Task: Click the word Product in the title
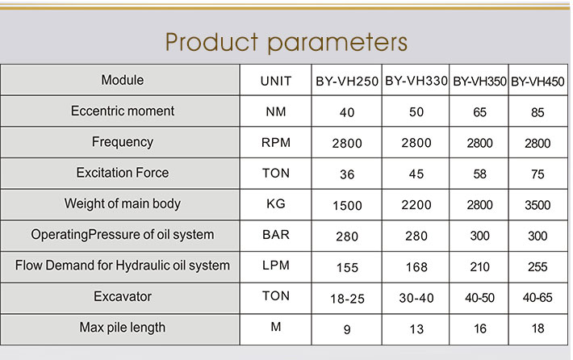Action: [212, 42]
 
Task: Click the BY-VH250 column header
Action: [347, 82]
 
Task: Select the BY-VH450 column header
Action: [537, 82]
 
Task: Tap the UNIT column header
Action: [276, 81]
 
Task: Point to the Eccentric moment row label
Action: [123, 111]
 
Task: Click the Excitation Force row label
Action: [123, 173]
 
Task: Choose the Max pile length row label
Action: [123, 328]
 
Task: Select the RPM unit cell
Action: [276, 142]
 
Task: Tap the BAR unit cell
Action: [276, 234]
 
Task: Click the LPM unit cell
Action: [276, 265]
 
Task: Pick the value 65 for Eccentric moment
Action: [479, 112]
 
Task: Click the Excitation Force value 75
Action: [537, 174]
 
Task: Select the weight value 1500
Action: [347, 205]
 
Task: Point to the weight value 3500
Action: [537, 205]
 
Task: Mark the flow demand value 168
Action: [416, 267]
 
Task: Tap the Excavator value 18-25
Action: [347, 299]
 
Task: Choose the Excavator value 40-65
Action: [537, 298]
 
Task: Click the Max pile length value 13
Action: [416, 329]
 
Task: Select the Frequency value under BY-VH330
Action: [416, 143]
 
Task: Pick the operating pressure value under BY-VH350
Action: [479, 236]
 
